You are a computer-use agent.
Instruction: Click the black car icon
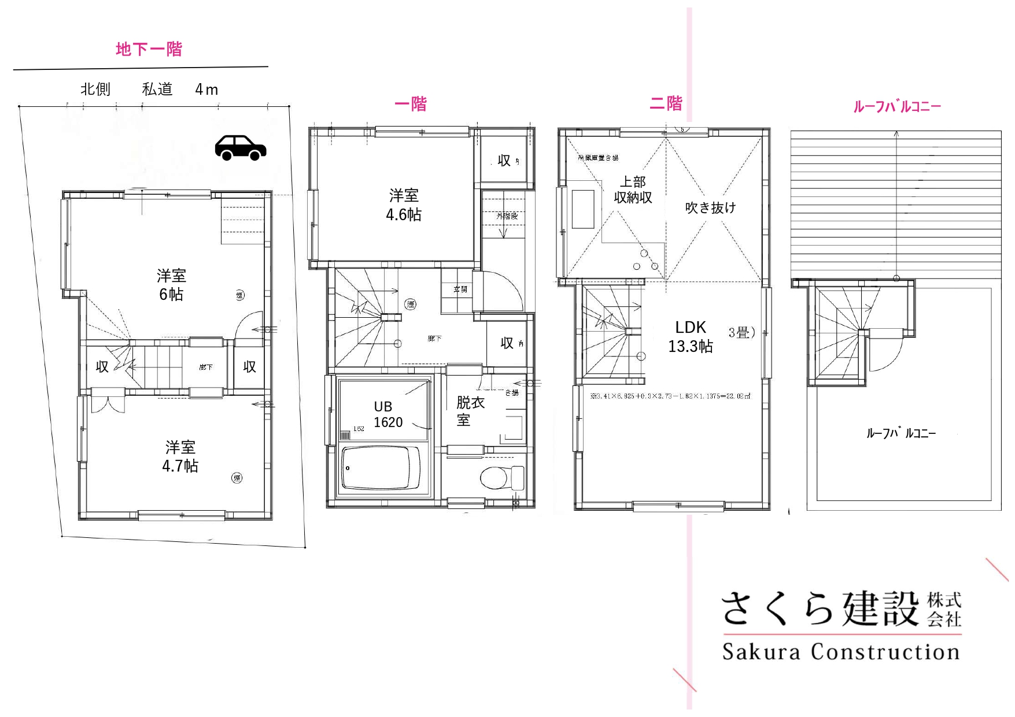(x=241, y=148)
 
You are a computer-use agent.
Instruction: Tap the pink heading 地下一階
(x=149, y=49)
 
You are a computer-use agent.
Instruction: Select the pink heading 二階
(x=666, y=103)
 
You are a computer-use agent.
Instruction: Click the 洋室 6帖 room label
(x=171, y=285)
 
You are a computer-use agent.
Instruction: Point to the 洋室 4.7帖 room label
(x=180, y=456)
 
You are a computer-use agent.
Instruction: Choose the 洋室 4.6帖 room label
(x=404, y=205)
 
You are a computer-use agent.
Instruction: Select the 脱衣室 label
(x=470, y=411)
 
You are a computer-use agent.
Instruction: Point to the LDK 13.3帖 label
(x=691, y=337)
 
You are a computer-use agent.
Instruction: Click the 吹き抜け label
(x=710, y=207)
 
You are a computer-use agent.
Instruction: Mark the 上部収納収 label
(x=633, y=190)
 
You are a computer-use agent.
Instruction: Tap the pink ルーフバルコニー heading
(x=897, y=106)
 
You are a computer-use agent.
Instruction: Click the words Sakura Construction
(x=841, y=652)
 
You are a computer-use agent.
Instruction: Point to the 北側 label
(x=95, y=89)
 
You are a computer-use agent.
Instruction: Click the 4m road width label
(x=206, y=90)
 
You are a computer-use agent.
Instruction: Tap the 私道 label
(x=157, y=89)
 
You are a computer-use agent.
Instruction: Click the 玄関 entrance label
(x=460, y=289)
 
